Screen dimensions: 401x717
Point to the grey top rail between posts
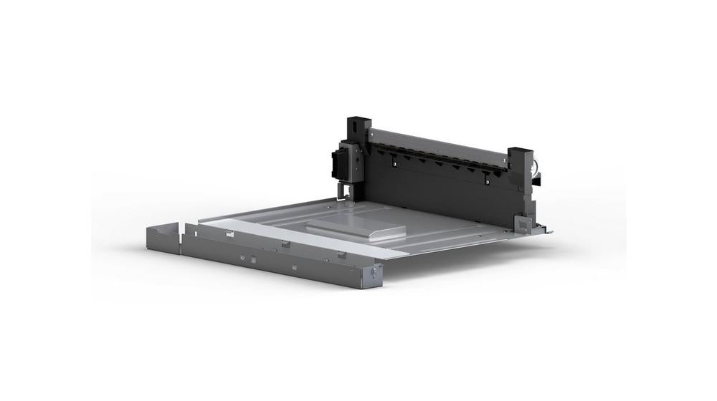coord(437,144)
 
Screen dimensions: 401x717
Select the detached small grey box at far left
coord(162,238)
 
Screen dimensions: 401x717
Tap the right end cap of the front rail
coord(372,275)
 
